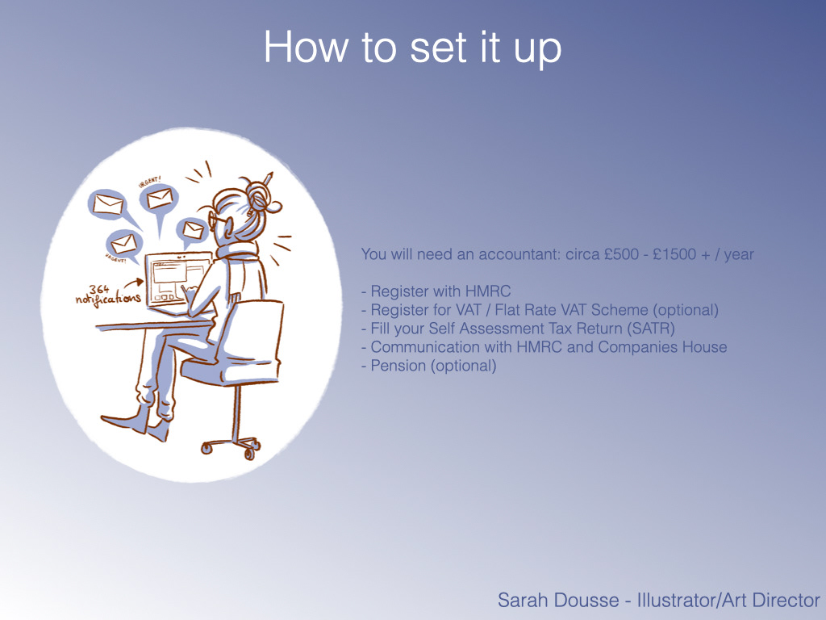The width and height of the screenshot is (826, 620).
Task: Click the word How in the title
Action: pos(306,47)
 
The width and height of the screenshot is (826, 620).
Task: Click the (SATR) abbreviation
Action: pos(651,329)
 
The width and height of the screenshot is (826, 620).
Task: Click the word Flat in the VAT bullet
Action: pos(507,310)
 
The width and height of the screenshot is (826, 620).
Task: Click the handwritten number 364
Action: pos(99,290)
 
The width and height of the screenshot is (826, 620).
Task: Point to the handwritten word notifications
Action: pos(108,300)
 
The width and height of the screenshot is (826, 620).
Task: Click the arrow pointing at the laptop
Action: pos(134,283)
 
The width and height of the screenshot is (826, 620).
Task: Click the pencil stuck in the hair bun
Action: pos(268,178)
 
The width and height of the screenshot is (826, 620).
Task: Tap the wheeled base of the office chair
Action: pos(231,446)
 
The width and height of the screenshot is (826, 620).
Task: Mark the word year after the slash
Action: pos(739,255)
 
